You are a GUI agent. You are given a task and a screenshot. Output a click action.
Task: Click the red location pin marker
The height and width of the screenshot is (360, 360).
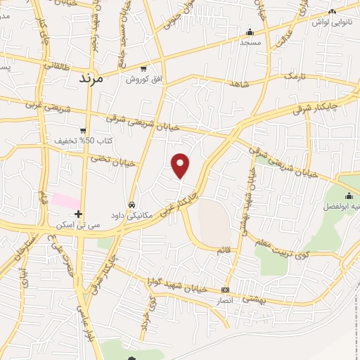tap(181, 166)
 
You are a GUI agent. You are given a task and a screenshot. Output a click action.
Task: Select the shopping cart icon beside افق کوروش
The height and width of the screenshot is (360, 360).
tap(143, 70)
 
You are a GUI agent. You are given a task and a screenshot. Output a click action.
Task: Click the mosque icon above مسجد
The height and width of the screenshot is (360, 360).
tap(250, 32)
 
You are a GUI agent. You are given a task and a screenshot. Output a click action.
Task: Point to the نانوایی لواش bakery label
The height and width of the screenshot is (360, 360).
tap(331, 22)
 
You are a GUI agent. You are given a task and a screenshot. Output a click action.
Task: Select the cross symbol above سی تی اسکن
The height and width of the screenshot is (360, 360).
tap(78, 214)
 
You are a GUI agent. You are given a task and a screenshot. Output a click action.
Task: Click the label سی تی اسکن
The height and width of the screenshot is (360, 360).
tap(78, 225)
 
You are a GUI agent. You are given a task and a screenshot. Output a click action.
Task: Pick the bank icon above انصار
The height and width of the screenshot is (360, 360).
tap(225, 290)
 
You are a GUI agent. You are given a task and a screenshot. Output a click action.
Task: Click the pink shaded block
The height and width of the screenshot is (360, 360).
tap(64, 200)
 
